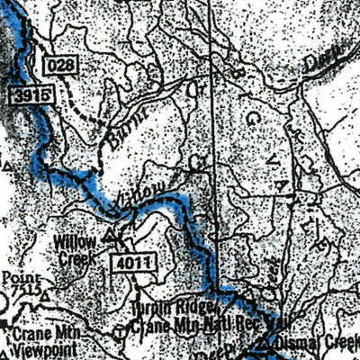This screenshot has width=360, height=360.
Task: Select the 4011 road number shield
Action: pyautogui.click(x=136, y=263)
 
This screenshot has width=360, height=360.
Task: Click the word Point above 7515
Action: pyautogui.click(x=17, y=278)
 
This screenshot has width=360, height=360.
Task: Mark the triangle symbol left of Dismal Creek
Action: pyautogui.click(x=262, y=344)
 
